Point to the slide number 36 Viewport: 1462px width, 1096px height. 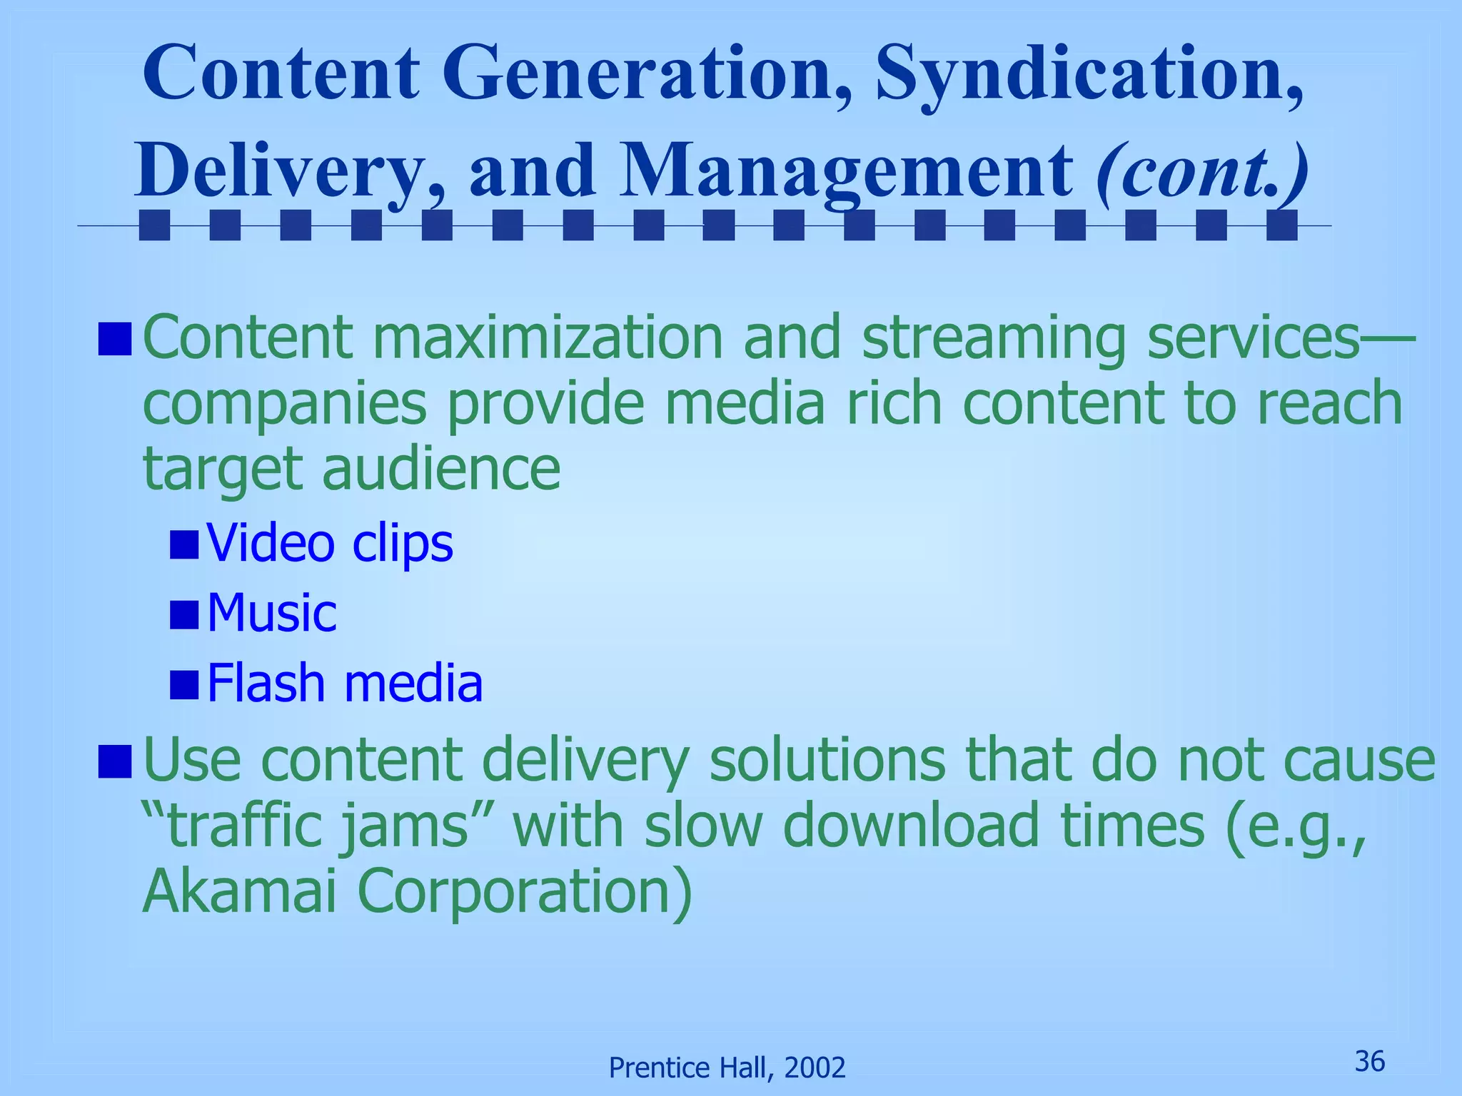point(1369,1062)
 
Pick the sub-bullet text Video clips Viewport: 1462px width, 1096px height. point(330,544)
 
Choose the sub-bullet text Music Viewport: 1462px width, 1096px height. point(271,613)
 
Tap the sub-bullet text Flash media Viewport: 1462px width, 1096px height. point(345,683)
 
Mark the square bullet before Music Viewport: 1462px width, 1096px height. point(184,614)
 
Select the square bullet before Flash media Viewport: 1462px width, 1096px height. point(184,684)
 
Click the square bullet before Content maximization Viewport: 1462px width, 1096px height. point(114,339)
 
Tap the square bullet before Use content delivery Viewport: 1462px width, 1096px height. point(114,761)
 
